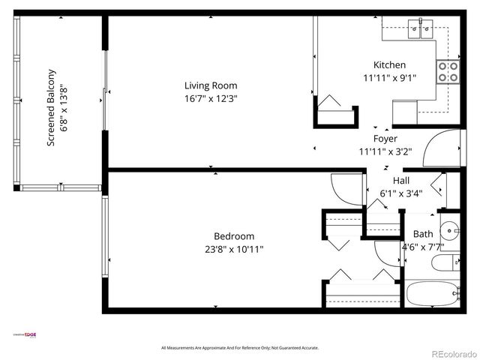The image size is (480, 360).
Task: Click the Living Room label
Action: point(211,85)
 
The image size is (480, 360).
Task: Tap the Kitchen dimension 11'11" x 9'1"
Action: point(389,77)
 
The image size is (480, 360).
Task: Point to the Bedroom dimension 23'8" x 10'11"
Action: point(233,249)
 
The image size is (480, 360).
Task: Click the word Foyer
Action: point(385,139)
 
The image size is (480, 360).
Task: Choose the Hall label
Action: point(400,181)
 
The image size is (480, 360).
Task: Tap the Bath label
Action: point(423,234)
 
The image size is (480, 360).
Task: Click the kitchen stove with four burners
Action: point(448,72)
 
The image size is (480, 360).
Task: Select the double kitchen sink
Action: point(418,30)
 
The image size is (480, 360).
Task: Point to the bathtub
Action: point(432,294)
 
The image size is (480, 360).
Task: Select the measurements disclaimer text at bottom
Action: point(240,348)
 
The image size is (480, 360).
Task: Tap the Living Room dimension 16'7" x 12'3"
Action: point(211,98)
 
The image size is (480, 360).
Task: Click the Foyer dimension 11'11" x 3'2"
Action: point(385,151)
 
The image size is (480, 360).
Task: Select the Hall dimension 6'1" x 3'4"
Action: point(400,193)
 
